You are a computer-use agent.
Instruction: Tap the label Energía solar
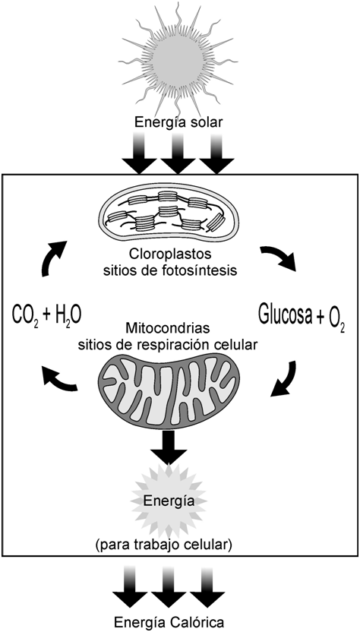[178, 122]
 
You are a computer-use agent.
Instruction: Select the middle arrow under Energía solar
[178, 153]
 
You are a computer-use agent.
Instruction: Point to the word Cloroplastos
[171, 254]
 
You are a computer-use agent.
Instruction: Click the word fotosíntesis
[202, 270]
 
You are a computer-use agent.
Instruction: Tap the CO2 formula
[24, 315]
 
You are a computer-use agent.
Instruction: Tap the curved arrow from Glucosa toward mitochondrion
[286, 379]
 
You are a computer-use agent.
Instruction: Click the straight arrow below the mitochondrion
[169, 448]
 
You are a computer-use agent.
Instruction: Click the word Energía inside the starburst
[169, 501]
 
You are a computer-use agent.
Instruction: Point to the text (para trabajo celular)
[164, 545]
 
